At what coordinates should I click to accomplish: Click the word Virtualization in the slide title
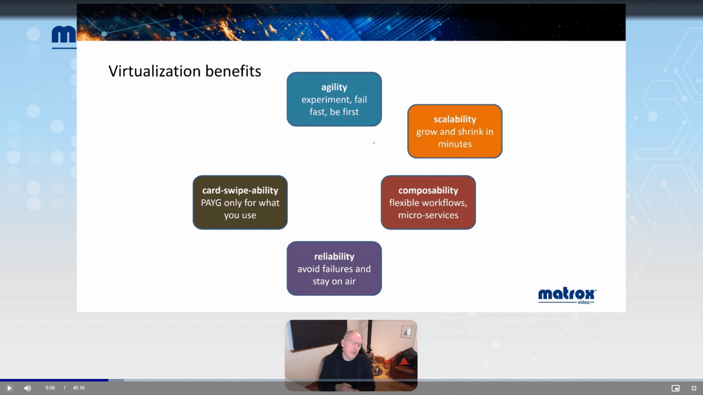(154, 71)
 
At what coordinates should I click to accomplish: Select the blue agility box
(334, 99)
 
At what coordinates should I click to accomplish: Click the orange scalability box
(455, 132)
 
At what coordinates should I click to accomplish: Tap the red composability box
(428, 202)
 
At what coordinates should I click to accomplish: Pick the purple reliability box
(334, 269)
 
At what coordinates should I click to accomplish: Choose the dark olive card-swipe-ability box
(240, 202)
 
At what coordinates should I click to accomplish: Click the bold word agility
(334, 87)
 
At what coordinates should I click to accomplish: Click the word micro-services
(428, 215)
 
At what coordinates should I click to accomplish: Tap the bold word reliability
(334, 257)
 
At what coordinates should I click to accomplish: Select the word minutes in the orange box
(455, 144)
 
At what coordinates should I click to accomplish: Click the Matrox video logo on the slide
(567, 296)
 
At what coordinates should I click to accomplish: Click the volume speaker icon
(27, 388)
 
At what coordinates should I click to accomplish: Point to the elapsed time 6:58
(50, 388)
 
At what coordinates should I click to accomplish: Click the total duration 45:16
(79, 388)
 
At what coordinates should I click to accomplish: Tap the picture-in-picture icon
(676, 388)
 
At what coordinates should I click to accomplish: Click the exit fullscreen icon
(694, 388)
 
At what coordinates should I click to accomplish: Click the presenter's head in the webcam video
(352, 342)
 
